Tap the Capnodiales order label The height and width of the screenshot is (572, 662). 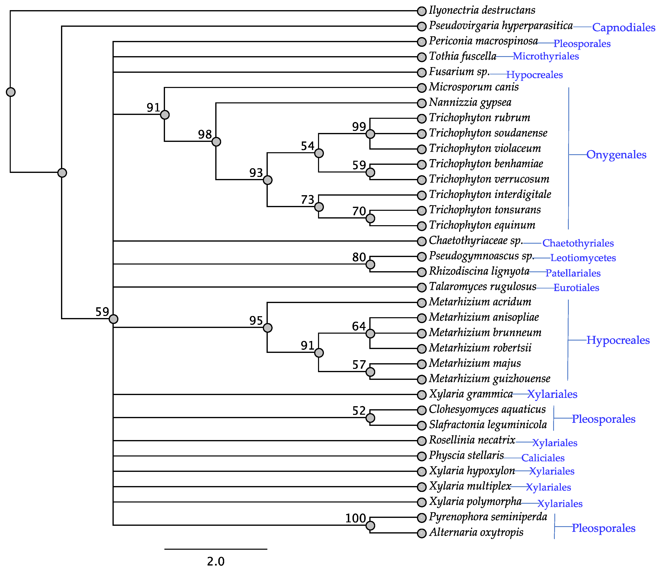pos(623,28)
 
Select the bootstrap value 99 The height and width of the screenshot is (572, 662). pos(359,127)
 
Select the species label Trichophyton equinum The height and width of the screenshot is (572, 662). pos(482,225)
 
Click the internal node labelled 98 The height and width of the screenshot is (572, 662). pos(216,141)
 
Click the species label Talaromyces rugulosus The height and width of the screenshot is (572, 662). pos(482,287)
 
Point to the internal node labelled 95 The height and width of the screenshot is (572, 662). pos(268,328)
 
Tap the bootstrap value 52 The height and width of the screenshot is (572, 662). pos(359,411)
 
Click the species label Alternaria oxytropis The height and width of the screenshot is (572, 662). pos(476,532)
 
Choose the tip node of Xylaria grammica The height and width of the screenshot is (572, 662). pos(422,395)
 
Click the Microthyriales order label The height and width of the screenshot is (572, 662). pos(546,57)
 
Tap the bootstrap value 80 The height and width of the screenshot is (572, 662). pos(359,257)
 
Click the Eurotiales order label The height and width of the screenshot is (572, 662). pos(576,288)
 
